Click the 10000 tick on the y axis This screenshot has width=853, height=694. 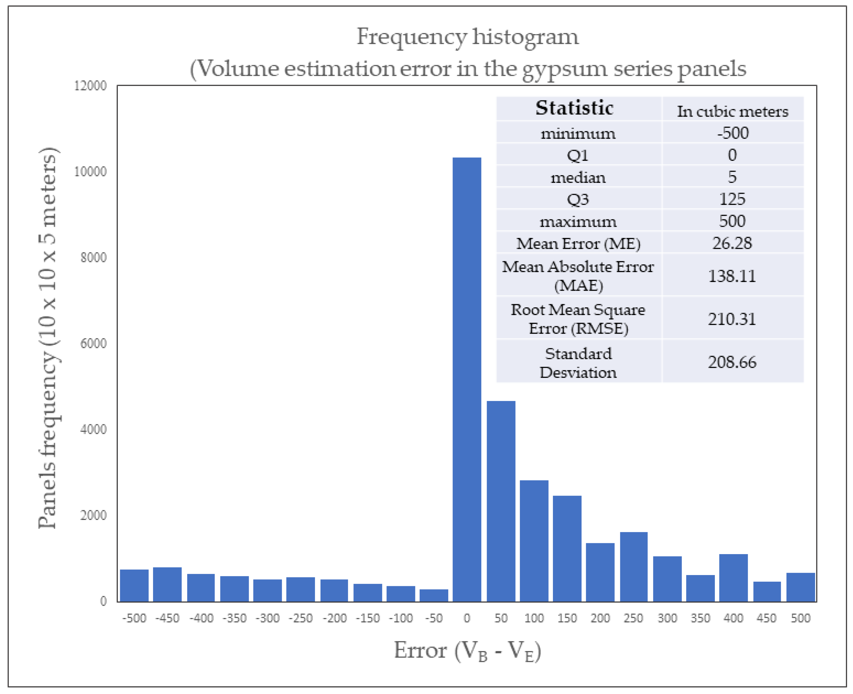[90, 171]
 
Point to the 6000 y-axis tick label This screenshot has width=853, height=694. [93, 343]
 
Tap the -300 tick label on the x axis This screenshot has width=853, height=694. [267, 618]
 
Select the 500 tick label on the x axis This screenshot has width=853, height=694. [800, 618]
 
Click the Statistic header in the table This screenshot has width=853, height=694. [574, 108]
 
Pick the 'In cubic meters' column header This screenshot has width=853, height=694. [732, 111]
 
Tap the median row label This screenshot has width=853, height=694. [578, 177]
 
